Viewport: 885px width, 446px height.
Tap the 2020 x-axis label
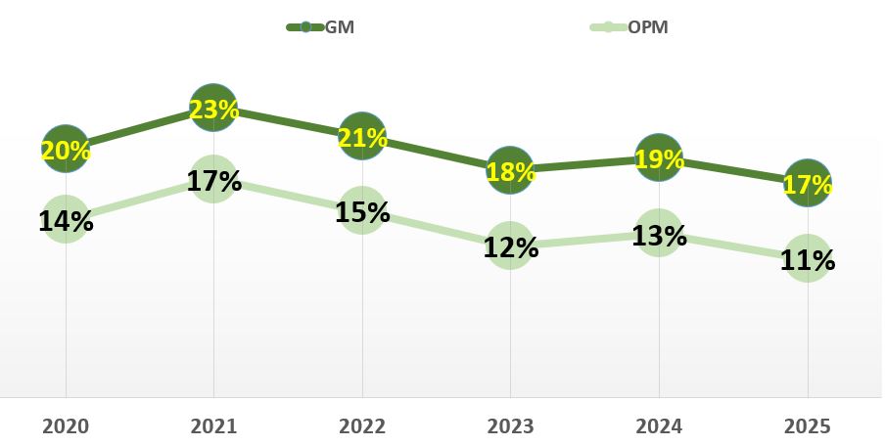[x=66, y=426]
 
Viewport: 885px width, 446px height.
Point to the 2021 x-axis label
[x=213, y=426]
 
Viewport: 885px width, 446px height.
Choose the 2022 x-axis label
[x=362, y=426]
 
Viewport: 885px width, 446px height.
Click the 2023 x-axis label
[x=510, y=426]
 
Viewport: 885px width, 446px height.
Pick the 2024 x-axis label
[x=659, y=426]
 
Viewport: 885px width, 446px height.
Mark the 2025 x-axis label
[x=807, y=426]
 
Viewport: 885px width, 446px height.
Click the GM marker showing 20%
[x=66, y=149]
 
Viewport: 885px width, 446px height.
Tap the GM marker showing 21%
[x=362, y=137]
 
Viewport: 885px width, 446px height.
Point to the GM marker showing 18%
[x=510, y=170]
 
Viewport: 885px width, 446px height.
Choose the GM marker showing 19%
[x=659, y=157]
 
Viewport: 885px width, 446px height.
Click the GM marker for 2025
[x=807, y=183]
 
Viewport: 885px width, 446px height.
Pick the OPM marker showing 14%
[x=66, y=219]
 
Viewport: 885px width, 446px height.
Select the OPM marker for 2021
[x=213, y=180]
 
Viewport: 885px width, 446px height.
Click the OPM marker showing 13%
[x=659, y=234]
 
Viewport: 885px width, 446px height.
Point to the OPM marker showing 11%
[x=807, y=259]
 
